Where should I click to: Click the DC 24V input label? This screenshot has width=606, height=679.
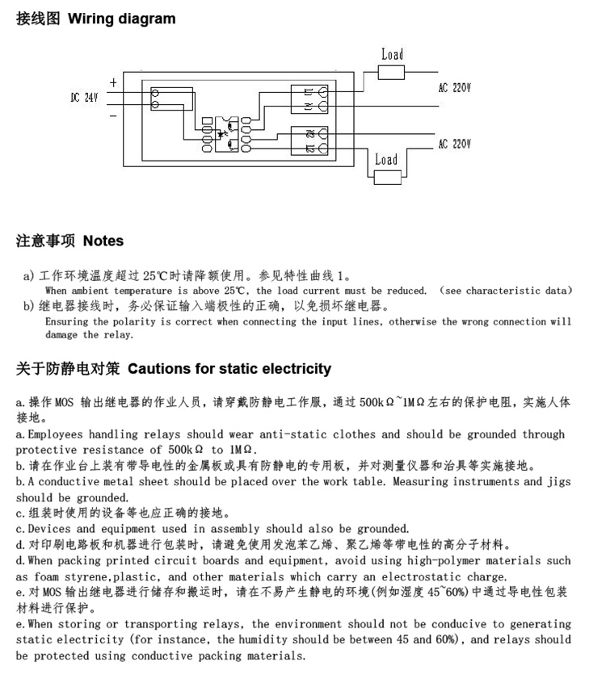tap(85, 98)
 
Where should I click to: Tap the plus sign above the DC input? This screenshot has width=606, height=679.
tap(113, 82)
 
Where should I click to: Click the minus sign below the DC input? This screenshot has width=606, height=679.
tap(113, 115)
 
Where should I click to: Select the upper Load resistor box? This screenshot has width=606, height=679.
tap(391, 73)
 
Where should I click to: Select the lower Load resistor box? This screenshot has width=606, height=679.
tap(388, 177)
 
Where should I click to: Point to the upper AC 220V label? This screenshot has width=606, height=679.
tap(454, 88)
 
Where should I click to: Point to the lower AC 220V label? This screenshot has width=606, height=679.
tap(454, 144)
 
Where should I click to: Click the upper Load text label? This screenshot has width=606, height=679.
tap(393, 55)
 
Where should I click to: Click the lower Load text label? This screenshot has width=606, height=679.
tap(386, 160)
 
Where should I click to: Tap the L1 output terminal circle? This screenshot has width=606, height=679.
tap(323, 92)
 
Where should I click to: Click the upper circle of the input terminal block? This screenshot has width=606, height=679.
tap(155, 93)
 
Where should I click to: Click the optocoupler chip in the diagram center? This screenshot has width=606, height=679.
tap(227, 134)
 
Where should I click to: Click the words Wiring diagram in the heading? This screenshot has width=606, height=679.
tap(122, 19)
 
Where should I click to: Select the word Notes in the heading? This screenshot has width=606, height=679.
tap(103, 241)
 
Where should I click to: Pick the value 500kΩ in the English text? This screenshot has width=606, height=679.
tap(186, 450)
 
